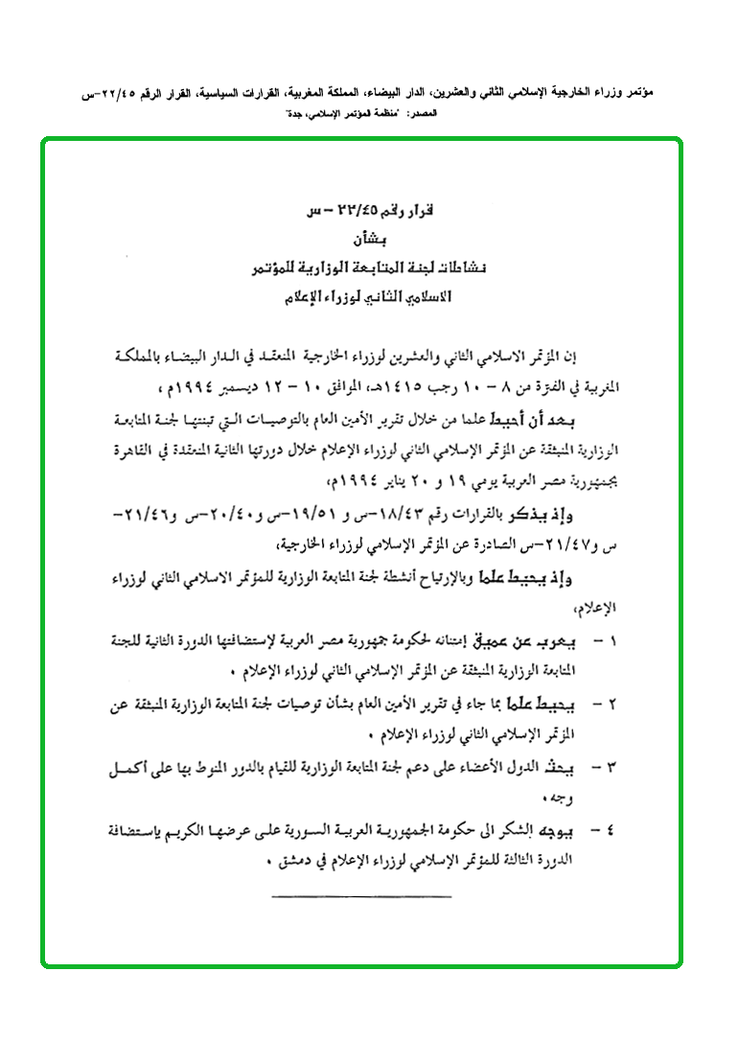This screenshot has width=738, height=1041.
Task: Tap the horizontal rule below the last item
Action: click(361, 896)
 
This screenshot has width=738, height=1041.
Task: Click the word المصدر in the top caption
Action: click(421, 114)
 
